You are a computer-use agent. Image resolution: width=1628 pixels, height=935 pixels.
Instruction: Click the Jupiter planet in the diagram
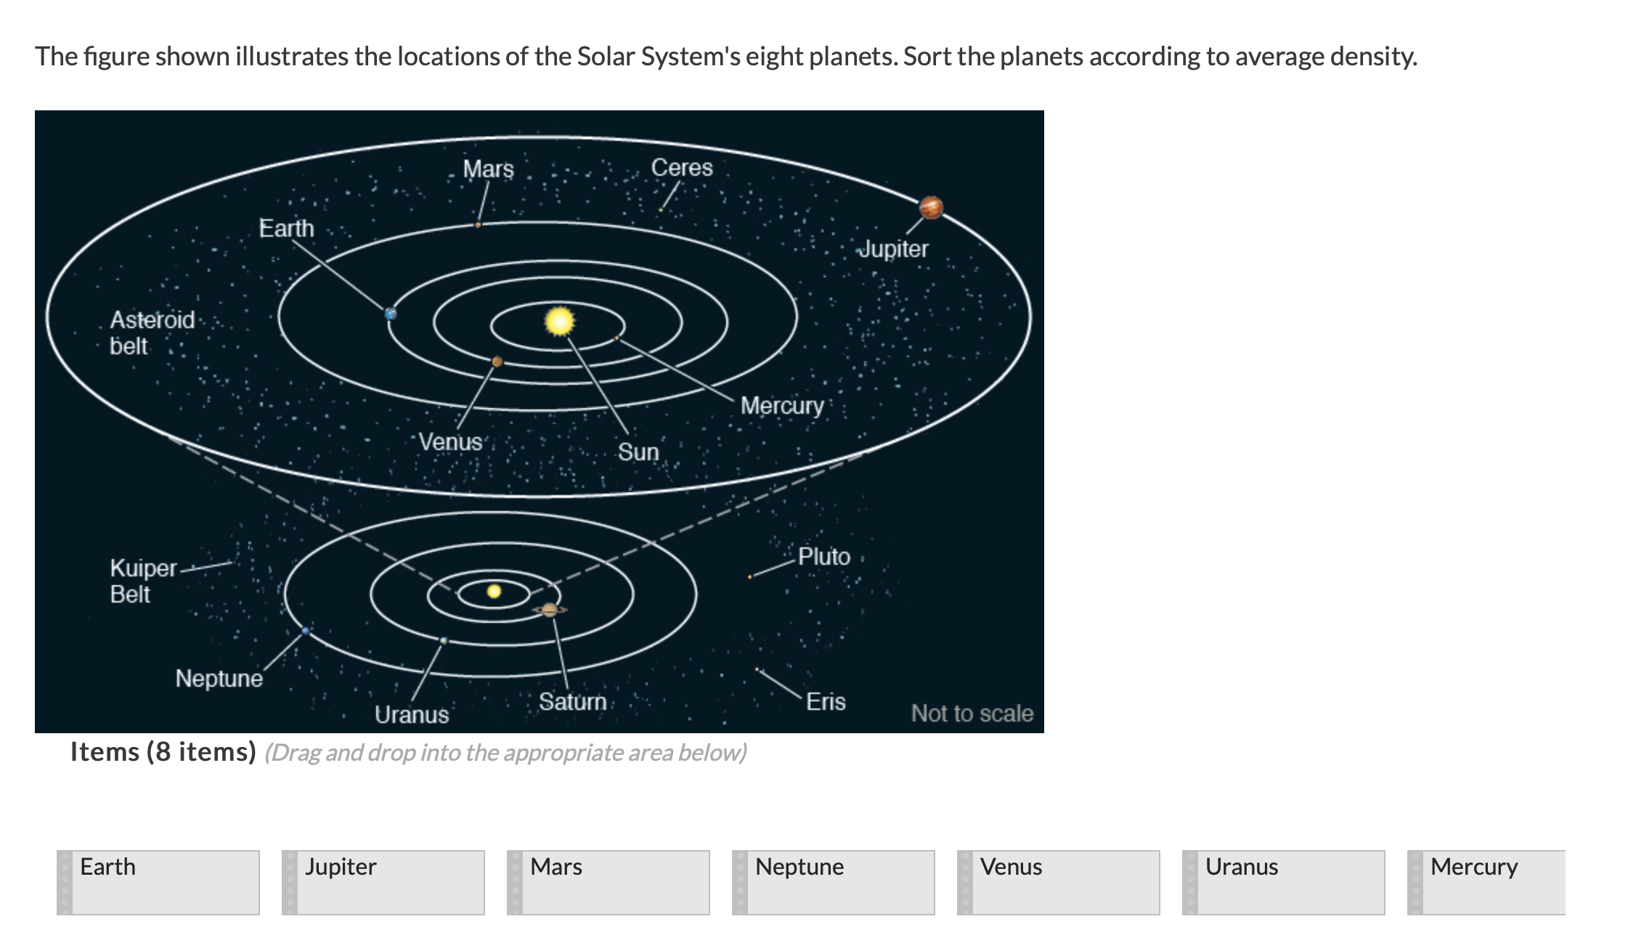[x=931, y=208]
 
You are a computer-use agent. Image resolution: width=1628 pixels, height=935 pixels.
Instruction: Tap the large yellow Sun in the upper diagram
[x=559, y=322]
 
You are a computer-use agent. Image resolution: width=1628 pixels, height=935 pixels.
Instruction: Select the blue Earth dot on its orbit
[x=391, y=314]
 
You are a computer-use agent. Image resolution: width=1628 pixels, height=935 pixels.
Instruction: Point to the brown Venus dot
[x=497, y=361]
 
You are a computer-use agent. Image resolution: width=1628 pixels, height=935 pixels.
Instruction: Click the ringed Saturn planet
[x=550, y=610]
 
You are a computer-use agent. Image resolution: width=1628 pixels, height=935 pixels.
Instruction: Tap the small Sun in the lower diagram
[x=494, y=591]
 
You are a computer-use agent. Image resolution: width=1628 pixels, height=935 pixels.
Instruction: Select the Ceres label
[x=682, y=168]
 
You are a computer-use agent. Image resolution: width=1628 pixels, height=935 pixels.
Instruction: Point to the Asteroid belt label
[x=152, y=332]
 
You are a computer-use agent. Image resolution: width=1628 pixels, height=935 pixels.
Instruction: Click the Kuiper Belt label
[x=143, y=581]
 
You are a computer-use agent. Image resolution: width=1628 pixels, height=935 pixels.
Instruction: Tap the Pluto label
[x=824, y=557]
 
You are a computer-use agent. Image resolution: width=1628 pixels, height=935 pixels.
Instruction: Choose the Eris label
[x=826, y=702]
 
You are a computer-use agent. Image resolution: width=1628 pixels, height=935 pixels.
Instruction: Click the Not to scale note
[x=972, y=714]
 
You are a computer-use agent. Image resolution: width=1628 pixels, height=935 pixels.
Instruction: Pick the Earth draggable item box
[x=158, y=883]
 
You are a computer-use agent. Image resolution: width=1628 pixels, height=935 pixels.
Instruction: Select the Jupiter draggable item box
[x=383, y=883]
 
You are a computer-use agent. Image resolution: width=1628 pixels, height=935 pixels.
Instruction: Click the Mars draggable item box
[x=609, y=883]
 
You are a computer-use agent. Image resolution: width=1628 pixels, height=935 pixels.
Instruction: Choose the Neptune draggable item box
[x=834, y=883]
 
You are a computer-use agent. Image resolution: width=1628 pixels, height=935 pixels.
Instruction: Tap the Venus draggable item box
[x=1059, y=883]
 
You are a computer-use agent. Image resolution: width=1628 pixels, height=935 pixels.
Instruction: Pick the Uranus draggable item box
[x=1284, y=883]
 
